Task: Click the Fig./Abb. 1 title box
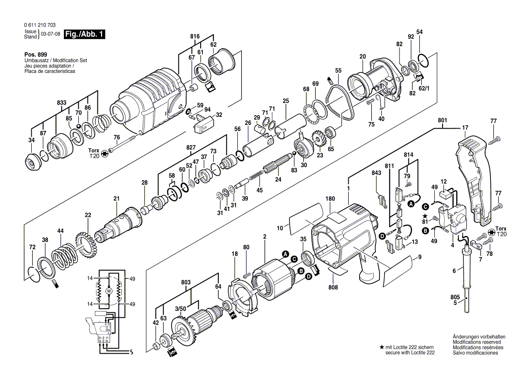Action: pyautogui.click(x=84, y=34)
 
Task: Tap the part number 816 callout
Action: pyautogui.click(x=195, y=36)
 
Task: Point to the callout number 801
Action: pyautogui.click(x=442, y=120)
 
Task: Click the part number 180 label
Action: pyautogui.click(x=330, y=199)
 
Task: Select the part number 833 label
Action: pyautogui.click(x=62, y=103)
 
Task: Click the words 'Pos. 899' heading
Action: pyautogui.click(x=34, y=54)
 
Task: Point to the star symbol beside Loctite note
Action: pyautogui.click(x=382, y=347)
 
